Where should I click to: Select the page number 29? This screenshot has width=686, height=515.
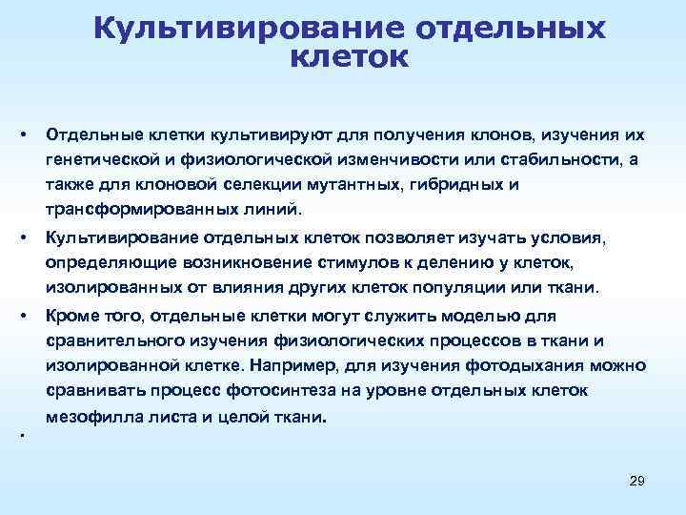pyautogui.click(x=637, y=482)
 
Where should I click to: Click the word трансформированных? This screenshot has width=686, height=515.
pyautogui.click(x=127, y=209)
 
